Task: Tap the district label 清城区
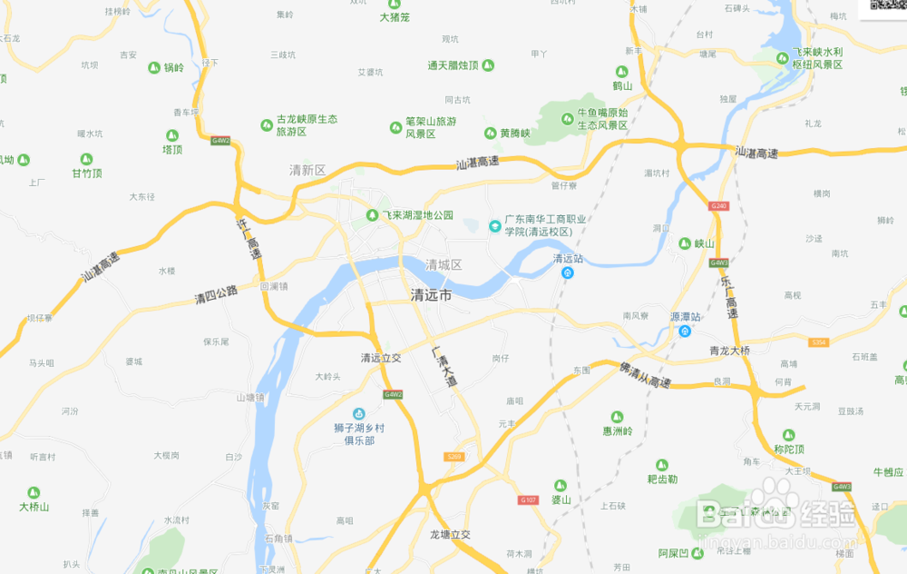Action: [x=444, y=265]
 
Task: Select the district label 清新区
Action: [x=307, y=170]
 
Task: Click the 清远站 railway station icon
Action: [x=568, y=273]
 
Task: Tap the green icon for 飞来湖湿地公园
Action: [x=372, y=215]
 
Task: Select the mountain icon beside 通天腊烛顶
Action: [x=488, y=65]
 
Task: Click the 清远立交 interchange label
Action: [x=381, y=358]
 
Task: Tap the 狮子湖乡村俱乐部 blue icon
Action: [x=358, y=414]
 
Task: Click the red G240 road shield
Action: [x=719, y=206]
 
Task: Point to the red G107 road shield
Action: [x=529, y=500]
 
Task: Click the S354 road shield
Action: [x=819, y=342]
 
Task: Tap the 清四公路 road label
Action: [x=216, y=294]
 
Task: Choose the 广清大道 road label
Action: [x=444, y=368]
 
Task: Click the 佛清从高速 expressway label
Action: [x=645, y=376]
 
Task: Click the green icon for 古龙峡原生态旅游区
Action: [x=267, y=124]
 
